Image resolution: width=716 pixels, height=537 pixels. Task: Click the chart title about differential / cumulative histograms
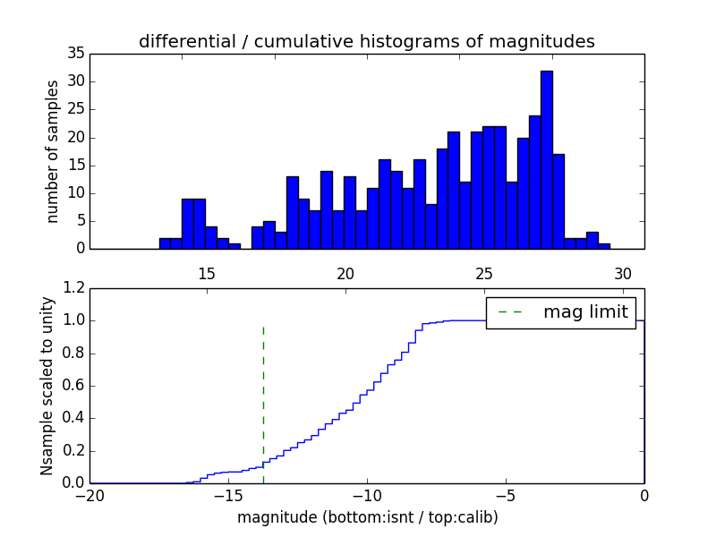tap(366, 42)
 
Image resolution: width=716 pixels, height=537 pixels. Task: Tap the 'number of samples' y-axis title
tap(53, 151)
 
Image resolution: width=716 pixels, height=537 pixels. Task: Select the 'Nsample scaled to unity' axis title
tap(47, 385)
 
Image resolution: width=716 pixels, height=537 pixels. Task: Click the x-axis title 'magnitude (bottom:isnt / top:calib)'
tap(367, 517)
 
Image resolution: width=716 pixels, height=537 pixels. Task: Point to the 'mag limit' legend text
tap(585, 312)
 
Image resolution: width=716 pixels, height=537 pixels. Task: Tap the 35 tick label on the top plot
tap(75, 54)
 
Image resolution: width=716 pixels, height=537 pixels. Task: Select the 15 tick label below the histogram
tap(206, 274)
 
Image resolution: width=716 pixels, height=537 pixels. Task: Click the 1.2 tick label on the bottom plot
tap(74, 288)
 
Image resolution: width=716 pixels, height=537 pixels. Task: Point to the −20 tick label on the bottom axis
tap(90, 496)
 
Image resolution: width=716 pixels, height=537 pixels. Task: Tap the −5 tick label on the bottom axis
tap(506, 496)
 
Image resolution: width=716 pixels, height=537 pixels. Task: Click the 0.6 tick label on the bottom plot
tap(74, 386)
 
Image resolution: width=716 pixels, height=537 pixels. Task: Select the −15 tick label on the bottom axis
tap(228, 496)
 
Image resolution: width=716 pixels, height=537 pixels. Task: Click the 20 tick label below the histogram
tap(345, 274)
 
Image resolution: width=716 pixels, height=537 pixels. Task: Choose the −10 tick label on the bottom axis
tap(367, 496)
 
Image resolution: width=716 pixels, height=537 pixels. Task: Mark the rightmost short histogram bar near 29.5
tap(604, 246)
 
